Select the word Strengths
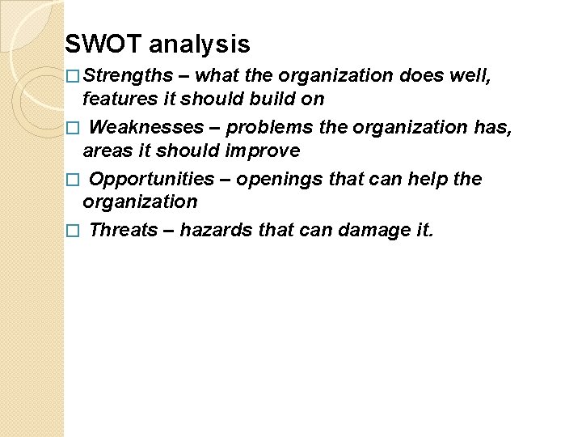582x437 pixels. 128,76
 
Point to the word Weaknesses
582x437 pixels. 146,128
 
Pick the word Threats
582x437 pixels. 123,230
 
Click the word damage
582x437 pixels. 371,230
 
